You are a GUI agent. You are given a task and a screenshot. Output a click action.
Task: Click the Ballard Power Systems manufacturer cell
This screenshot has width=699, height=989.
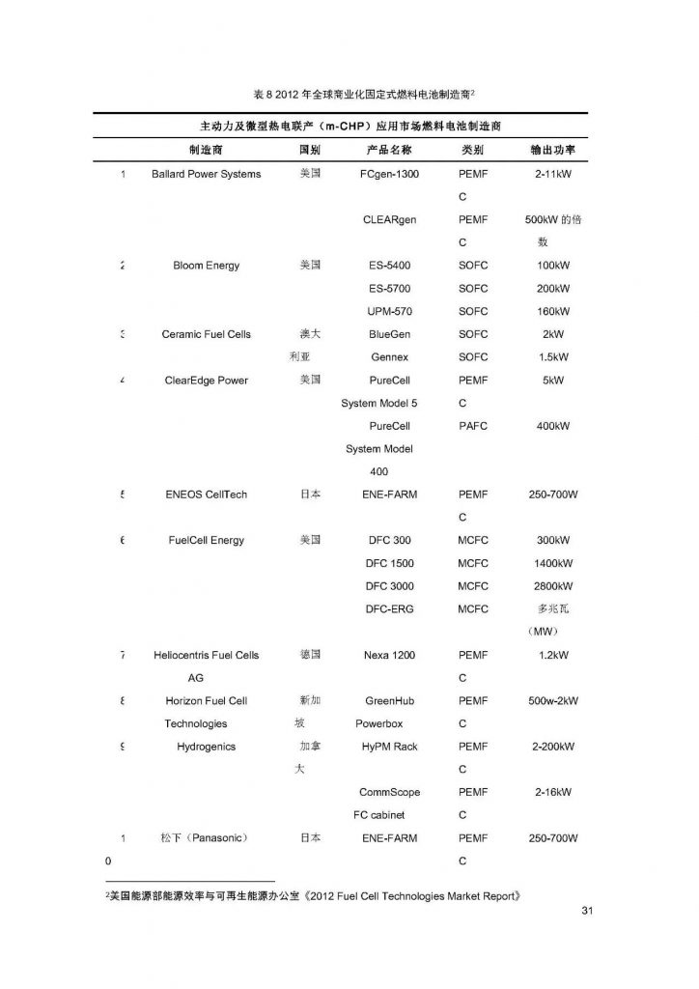[206, 174]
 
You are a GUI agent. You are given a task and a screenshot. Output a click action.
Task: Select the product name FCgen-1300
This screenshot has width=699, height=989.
[389, 174]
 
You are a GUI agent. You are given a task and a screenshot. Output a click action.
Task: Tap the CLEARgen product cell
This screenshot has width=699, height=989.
[389, 219]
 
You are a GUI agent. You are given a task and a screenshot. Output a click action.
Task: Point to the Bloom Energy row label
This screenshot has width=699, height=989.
[206, 266]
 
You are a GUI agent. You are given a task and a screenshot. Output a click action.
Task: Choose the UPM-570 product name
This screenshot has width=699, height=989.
[389, 311]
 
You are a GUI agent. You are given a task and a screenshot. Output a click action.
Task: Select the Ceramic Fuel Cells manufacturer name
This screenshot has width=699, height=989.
[206, 334]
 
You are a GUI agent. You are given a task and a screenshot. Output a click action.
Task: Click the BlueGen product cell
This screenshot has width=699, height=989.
[389, 334]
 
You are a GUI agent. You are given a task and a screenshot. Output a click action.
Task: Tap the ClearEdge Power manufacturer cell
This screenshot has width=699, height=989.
[206, 380]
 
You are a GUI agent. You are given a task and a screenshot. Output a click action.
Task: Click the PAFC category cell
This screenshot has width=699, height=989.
[473, 425]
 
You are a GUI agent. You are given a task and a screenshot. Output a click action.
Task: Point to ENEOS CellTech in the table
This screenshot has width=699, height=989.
[206, 494]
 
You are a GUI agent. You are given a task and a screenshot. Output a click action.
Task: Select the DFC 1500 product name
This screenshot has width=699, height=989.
[389, 563]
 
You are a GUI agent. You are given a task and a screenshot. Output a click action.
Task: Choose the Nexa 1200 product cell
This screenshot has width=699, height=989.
[389, 655]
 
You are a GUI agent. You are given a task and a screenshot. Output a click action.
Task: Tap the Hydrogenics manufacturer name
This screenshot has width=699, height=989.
[206, 747]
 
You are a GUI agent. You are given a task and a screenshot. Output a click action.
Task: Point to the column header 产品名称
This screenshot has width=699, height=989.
[389, 151]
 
